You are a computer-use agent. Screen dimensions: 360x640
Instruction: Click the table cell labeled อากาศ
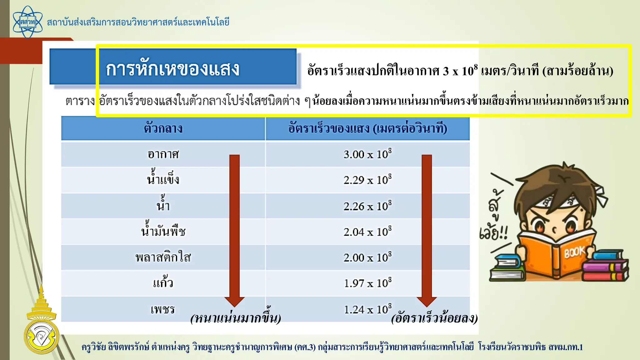point(163,154)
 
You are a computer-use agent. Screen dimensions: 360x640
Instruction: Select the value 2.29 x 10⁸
point(367,180)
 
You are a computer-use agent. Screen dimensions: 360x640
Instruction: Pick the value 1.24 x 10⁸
point(367,309)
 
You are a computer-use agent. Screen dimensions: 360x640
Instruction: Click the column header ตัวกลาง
point(163,128)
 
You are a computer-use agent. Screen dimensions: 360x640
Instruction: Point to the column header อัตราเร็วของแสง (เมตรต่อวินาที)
point(367,128)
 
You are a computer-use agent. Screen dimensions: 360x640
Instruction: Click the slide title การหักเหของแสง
point(173,69)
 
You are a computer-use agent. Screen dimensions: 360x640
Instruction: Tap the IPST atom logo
point(27,22)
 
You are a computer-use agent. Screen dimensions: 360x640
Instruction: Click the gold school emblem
point(41,325)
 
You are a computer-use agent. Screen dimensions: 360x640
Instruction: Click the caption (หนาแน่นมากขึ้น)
point(236,318)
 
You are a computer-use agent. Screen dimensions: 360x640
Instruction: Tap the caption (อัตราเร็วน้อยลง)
point(434,318)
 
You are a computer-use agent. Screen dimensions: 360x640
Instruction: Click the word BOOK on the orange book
point(574,252)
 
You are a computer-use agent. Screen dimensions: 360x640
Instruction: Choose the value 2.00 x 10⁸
point(367,257)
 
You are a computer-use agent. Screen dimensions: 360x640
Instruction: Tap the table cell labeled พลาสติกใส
point(163,257)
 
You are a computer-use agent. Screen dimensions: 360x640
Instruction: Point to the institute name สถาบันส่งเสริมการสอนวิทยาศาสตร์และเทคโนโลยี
point(138,22)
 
